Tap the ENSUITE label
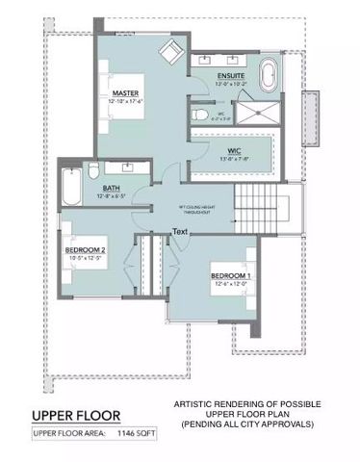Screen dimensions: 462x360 (x=230, y=75)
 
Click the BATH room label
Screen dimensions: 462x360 (x=112, y=189)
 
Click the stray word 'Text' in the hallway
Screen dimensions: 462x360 (x=180, y=231)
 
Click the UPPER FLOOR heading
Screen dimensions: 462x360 (x=76, y=416)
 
